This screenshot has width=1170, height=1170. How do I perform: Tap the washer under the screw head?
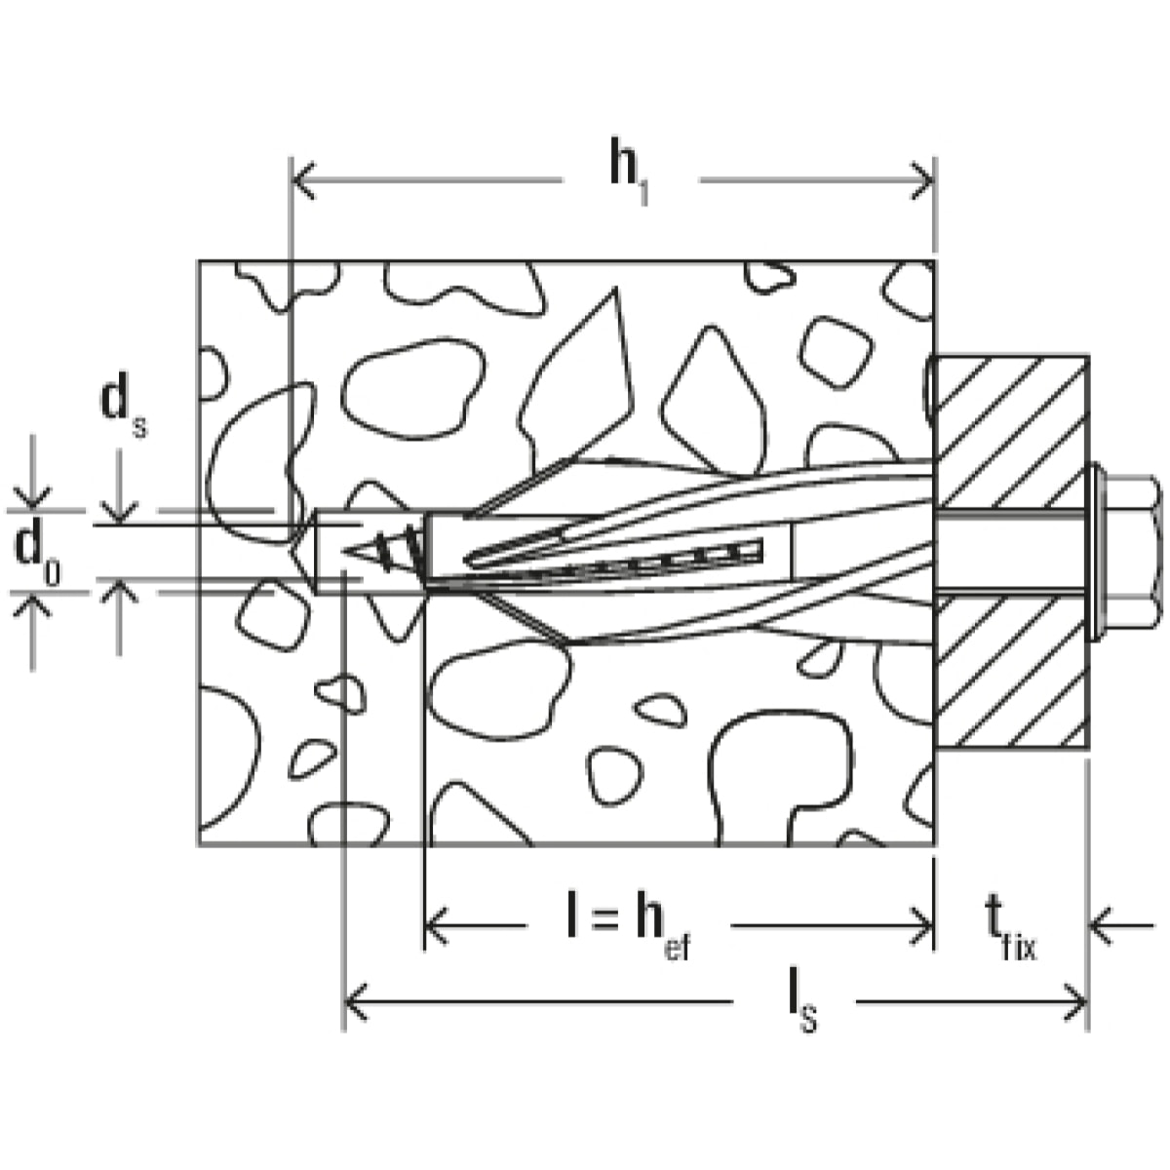(x=1096, y=553)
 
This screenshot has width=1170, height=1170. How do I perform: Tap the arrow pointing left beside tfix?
(x=1102, y=926)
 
